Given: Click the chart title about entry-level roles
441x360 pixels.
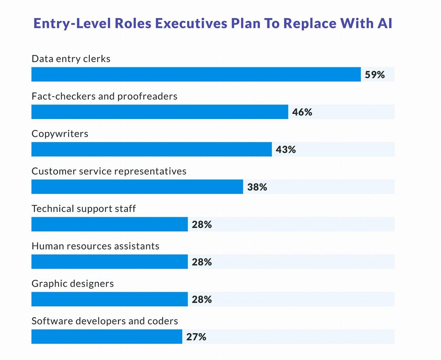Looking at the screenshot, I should [x=213, y=24].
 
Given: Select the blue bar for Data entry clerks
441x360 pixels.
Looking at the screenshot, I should [x=196, y=74].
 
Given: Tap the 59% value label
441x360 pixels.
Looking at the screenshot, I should [x=374, y=75].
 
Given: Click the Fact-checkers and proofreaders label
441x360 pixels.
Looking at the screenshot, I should [x=104, y=96].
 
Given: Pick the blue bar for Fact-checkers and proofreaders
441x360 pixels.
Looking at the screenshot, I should [x=159, y=112].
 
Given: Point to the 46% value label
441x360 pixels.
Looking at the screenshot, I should [x=302, y=112].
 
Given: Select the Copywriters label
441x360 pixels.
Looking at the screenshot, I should [x=60, y=134].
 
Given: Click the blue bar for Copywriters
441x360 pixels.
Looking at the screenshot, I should [x=151, y=149].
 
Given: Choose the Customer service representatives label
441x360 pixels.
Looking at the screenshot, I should [x=109, y=171].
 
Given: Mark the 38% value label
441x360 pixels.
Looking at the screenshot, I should [x=257, y=187].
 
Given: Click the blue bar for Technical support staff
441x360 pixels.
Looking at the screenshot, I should [x=110, y=224].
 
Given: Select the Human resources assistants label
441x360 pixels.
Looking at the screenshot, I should [x=96, y=246].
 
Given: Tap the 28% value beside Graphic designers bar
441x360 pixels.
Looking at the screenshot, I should [x=202, y=299].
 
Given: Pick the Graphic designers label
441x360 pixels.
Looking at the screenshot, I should [x=73, y=284].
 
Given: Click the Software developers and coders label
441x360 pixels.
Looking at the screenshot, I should [x=105, y=321].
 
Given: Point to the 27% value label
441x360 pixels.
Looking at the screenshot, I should [x=196, y=337].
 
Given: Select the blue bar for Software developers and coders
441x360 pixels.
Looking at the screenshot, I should [x=107, y=336].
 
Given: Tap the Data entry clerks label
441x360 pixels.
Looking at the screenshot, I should [x=71, y=59].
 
